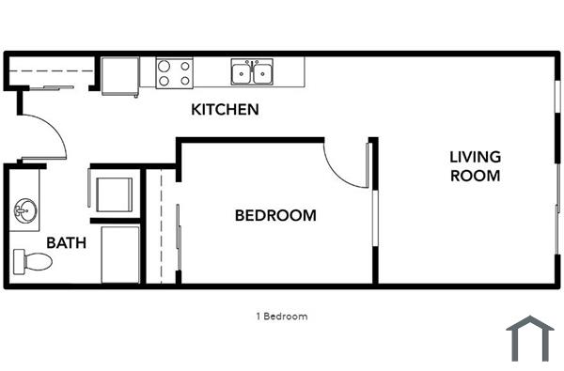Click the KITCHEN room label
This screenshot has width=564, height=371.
coord(225,110)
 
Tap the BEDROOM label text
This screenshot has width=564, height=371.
coord(274,216)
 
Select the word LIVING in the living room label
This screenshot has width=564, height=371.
coord(475,157)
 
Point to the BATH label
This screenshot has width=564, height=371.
coord(66,242)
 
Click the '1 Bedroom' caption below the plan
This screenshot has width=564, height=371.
coord(281,317)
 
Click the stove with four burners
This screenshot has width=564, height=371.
coord(174,73)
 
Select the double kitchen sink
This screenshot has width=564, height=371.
coord(252,72)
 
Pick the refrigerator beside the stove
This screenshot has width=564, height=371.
coord(119,74)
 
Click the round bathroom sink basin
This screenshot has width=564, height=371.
coord(23,209)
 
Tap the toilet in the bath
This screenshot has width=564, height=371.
coord(33,259)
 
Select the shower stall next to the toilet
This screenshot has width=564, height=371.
coord(119,254)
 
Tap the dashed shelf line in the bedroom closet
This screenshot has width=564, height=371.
coord(162,225)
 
